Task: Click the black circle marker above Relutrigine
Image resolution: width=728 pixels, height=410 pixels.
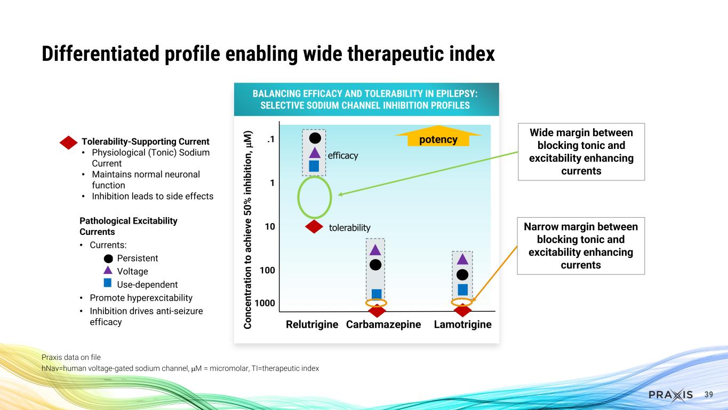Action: point(315,138)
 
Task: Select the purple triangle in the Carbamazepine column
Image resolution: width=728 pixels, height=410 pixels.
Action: point(375,249)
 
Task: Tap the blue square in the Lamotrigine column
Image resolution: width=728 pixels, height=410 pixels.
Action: point(463,289)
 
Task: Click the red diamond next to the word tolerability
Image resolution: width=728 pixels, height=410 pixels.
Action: point(315,227)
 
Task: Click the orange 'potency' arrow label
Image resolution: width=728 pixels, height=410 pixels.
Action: point(438,139)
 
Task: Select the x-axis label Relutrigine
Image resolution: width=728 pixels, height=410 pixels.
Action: point(312,325)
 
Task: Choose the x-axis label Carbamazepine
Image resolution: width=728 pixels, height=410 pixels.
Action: point(383,325)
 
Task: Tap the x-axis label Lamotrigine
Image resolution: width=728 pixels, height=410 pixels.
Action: point(462,325)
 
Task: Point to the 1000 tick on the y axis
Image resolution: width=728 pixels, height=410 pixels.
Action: point(265,303)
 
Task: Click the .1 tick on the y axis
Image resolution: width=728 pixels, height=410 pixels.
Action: point(270,139)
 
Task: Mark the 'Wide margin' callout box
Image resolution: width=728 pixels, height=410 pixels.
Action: point(581,152)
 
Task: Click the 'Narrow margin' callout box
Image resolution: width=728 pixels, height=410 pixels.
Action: point(581,246)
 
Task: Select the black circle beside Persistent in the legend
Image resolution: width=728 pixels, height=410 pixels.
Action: point(108,258)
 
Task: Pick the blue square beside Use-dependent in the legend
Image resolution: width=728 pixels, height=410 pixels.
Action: point(108,283)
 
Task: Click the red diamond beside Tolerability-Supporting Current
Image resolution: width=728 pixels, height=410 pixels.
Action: point(69,142)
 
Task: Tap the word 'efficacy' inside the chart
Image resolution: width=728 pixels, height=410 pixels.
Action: point(342,155)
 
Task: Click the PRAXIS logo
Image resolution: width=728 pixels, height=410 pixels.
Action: point(670,395)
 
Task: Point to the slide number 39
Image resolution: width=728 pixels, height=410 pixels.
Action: point(709,395)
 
